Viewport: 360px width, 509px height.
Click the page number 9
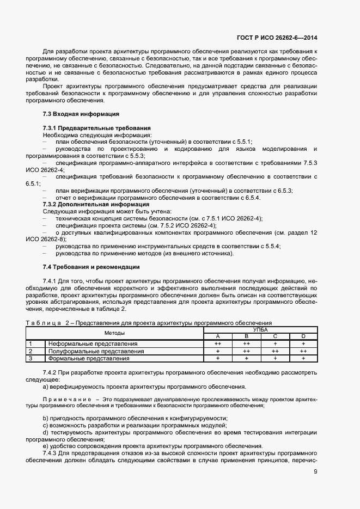pyautogui.click(x=315, y=472)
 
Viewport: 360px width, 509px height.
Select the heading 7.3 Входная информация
pyautogui.click(x=81, y=114)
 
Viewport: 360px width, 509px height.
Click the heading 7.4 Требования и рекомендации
pyautogui.click(x=91, y=267)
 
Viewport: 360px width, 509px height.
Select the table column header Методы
pyautogui.click(x=115, y=333)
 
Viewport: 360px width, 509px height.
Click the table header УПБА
pyautogui.click(x=260, y=329)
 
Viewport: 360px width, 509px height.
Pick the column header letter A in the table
pyautogui.click(x=217, y=336)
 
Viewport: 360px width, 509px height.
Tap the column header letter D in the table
pyautogui.click(x=303, y=336)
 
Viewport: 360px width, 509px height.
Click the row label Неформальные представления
pyautogui.click(x=93, y=344)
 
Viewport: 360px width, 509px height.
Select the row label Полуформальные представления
pyautogui.click(x=96, y=352)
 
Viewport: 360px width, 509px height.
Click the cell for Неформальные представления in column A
pyautogui.click(x=217, y=344)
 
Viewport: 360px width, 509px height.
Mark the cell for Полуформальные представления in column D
pyautogui.click(x=303, y=352)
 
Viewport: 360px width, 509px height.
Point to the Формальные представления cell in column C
pyautogui.click(x=275, y=359)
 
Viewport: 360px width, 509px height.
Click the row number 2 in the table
pyautogui.click(x=30, y=352)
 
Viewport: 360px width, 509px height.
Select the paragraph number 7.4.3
pyautogui.click(x=51, y=453)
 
